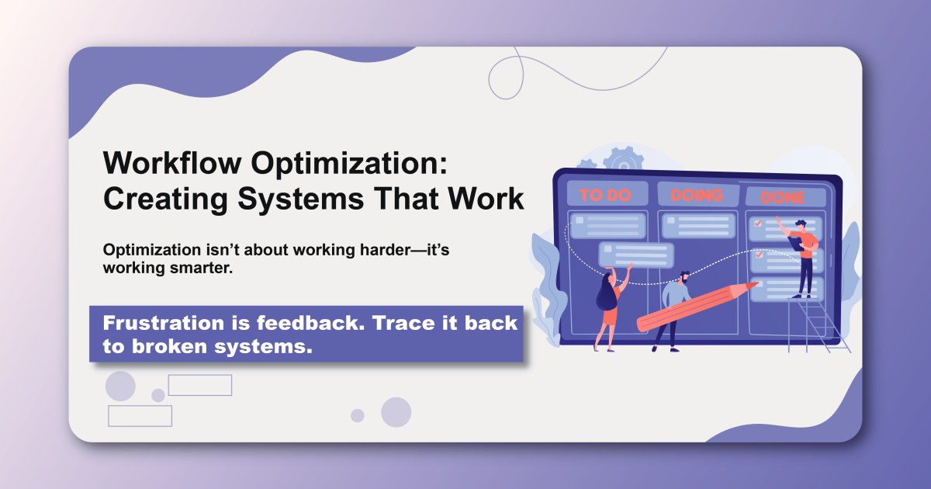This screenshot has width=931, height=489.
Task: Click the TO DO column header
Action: tap(606, 195)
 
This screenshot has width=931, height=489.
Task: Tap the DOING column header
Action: tap(697, 194)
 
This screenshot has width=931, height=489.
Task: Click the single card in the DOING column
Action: tap(697, 226)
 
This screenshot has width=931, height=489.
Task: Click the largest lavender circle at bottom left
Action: tap(120, 386)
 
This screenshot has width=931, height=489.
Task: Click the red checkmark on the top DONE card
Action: tap(758, 224)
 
